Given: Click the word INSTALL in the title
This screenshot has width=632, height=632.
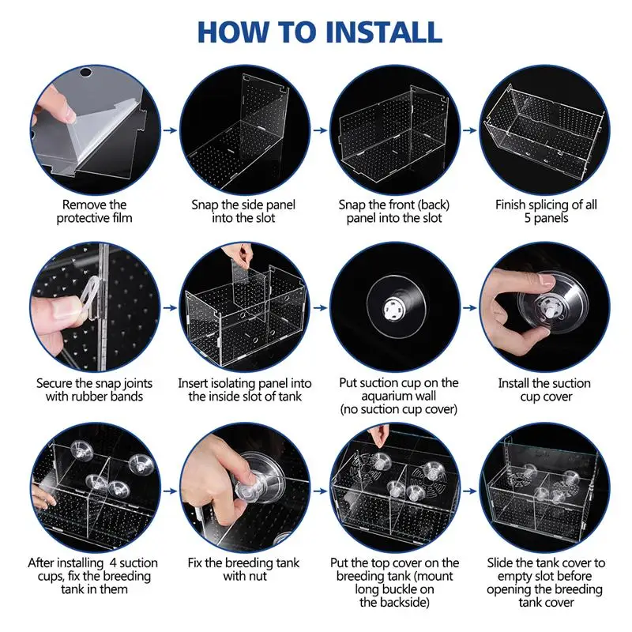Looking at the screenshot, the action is coord(383,32).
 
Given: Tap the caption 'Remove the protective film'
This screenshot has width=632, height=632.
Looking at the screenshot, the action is coord(94,211).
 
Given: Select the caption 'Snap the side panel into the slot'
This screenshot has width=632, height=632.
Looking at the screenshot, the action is coord(243,211).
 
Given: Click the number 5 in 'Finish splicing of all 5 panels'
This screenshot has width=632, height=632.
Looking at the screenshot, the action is coord(528,218).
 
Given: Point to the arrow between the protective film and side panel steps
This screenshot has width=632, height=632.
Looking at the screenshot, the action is coord(170,130).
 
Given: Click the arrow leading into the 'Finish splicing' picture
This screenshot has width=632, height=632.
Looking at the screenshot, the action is coord(469,130).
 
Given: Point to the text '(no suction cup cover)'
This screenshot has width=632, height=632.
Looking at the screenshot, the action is coord(399,409).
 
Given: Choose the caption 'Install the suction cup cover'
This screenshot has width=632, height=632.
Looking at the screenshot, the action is coord(544,389).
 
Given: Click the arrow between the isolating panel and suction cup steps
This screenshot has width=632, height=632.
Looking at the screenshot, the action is coord(320,308).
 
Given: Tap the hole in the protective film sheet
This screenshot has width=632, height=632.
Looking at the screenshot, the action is coord(86,73).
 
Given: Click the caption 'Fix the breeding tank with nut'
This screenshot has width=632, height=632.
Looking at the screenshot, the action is coord(243,569).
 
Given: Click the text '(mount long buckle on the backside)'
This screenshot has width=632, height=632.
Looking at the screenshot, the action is coord(394,589).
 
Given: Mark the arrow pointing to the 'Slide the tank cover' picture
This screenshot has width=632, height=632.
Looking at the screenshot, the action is coord(469,491).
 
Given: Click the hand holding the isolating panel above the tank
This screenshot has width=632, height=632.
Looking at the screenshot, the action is coord(239,254).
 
